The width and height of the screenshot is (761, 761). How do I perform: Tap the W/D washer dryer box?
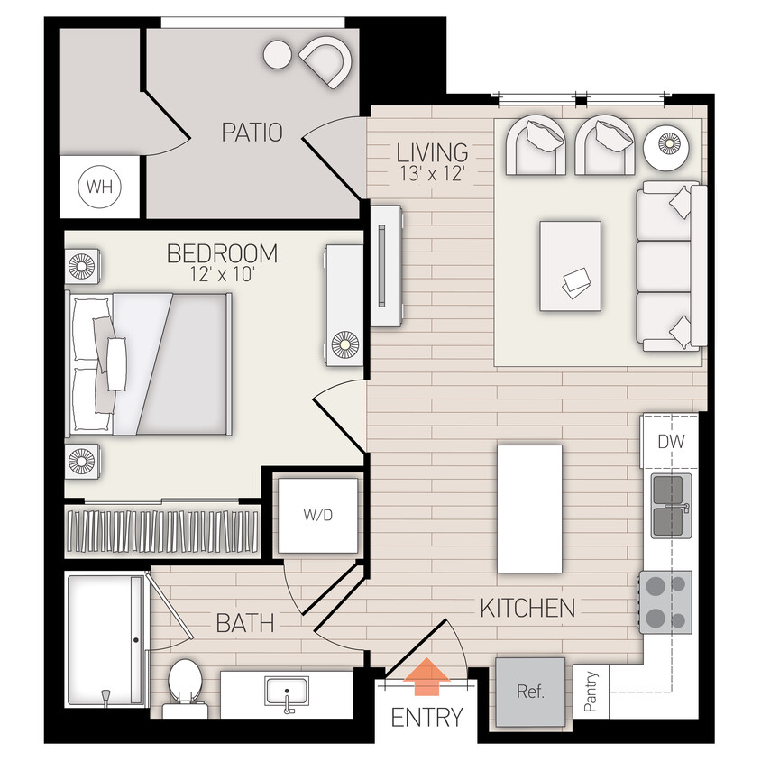(x=317, y=517)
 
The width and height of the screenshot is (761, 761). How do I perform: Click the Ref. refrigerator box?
(x=530, y=692)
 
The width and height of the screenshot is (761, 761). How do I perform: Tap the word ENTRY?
(x=426, y=718)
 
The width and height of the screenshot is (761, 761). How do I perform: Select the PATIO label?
(x=252, y=133)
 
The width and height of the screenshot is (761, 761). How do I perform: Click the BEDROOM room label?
(x=222, y=253)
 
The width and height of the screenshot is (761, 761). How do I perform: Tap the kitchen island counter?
(x=529, y=509)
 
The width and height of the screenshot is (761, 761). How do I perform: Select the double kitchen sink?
(x=672, y=505)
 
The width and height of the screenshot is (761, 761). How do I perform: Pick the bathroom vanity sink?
(x=287, y=692)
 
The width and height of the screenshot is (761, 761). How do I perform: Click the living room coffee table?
(x=570, y=266)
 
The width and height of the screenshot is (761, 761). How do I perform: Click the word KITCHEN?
(x=527, y=607)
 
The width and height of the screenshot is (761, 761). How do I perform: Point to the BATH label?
(x=244, y=622)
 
